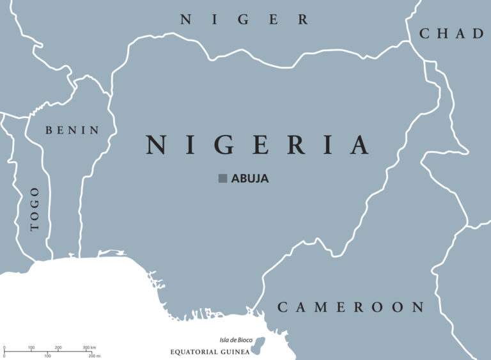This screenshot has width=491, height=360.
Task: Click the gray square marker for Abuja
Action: [222, 178]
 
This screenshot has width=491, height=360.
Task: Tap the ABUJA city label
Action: [249, 178]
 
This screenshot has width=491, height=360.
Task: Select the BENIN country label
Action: [72, 130]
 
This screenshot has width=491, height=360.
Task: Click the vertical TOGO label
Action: [35, 208]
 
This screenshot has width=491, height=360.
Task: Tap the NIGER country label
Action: [244, 20]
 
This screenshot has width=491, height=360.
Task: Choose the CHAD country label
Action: [451, 33]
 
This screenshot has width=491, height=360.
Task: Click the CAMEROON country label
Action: [350, 308]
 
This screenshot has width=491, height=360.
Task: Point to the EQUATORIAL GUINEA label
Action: [208, 352]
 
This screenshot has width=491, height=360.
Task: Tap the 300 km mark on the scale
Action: [88, 347]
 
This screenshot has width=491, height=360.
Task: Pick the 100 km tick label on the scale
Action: [31, 347]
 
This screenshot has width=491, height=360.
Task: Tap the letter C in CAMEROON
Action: [283, 308]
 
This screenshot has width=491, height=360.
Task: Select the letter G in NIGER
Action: [244, 20]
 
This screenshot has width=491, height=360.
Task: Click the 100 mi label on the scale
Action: [47, 355]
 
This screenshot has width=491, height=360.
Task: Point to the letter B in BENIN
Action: [49, 130]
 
